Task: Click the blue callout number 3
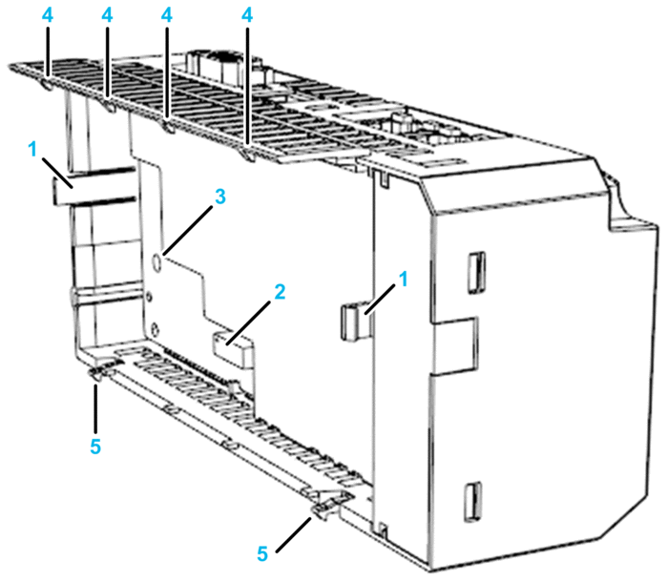(x=219, y=197)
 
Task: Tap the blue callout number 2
(x=280, y=292)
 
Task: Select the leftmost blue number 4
(x=48, y=15)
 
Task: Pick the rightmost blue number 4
(x=247, y=15)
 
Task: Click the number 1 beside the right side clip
(x=403, y=279)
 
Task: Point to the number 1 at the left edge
(x=32, y=150)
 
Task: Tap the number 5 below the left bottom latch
(x=95, y=447)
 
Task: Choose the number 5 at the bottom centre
(x=262, y=554)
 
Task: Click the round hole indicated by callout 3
(x=157, y=261)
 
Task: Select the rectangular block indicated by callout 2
(x=233, y=347)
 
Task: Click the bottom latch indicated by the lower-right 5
(x=330, y=505)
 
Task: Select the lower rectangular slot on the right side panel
(x=473, y=502)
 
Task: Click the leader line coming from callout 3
(x=188, y=231)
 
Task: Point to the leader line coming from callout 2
(x=248, y=322)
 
